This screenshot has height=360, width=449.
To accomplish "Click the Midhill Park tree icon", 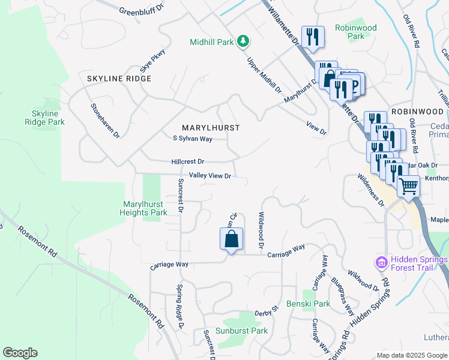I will tap(243, 41).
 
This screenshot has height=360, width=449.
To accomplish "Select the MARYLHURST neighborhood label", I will tap(211, 128).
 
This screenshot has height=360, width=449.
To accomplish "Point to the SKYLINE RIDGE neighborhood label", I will tap(119, 79).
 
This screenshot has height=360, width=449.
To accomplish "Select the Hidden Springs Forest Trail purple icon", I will tap(381, 262).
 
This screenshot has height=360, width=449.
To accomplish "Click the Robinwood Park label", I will tap(356, 32).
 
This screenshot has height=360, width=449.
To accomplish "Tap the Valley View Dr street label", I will tap(210, 176).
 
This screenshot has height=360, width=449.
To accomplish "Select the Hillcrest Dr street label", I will tap(188, 162).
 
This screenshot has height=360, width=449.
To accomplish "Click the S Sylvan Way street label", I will tap(193, 139).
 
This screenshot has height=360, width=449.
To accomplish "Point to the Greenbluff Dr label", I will tap(141, 11).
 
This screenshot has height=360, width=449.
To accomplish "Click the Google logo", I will tap(20, 353).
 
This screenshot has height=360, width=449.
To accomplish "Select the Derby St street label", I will tap(267, 311).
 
